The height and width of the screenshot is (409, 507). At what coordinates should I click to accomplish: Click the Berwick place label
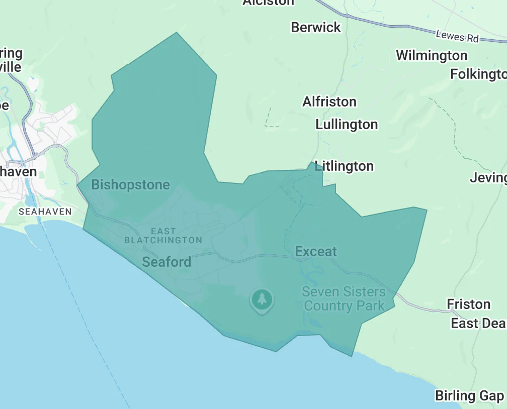click(316, 27)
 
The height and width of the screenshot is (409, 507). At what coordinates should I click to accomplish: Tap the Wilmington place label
click(432, 55)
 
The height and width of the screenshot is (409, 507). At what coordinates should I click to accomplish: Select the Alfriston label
click(329, 102)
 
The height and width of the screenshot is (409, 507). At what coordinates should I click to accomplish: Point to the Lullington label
click(347, 124)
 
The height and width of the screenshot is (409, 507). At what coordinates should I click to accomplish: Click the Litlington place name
click(344, 166)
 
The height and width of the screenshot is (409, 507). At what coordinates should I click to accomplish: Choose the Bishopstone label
click(130, 185)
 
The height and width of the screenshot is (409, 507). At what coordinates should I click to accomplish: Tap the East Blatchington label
click(163, 236)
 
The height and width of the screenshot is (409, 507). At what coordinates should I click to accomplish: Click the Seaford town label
click(166, 262)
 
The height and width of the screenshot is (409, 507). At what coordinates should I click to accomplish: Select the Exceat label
click(316, 252)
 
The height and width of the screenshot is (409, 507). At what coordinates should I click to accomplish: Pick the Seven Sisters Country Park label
click(344, 298)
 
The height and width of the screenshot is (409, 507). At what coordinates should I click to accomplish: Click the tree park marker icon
click(262, 300)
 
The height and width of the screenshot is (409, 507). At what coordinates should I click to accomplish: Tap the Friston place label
click(468, 304)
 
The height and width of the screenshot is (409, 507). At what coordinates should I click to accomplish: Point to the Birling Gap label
click(469, 395)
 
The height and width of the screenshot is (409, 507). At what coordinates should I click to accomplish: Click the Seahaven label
click(45, 212)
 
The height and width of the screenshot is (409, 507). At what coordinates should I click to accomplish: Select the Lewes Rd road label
click(457, 37)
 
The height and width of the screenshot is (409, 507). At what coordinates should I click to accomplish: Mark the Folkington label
click(478, 74)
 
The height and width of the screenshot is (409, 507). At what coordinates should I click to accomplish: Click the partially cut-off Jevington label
click(488, 177)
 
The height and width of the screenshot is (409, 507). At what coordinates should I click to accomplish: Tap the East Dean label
click(478, 323)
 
